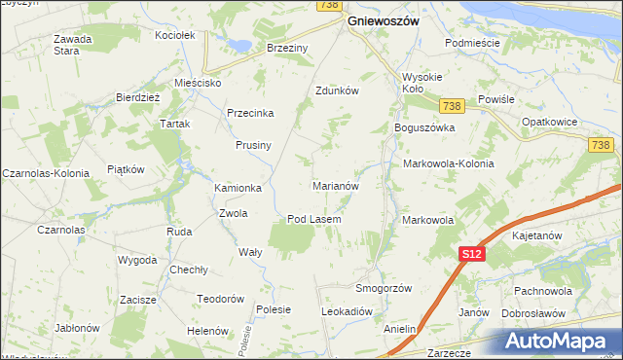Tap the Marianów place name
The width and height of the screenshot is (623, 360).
click(x=336, y=185)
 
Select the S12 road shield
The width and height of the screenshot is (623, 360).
click(x=471, y=254)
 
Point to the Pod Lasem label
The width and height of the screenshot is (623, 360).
click(x=313, y=219)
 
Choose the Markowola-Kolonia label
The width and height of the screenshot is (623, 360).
click(x=448, y=163)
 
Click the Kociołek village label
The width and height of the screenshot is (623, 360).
click(x=175, y=35)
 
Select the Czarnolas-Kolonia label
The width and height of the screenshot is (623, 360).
click(x=45, y=172)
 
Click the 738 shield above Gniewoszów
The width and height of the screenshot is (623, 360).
click(x=328, y=6)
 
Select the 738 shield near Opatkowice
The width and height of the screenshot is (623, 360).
click(x=601, y=145)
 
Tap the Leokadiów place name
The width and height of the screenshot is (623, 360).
click(x=348, y=311)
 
